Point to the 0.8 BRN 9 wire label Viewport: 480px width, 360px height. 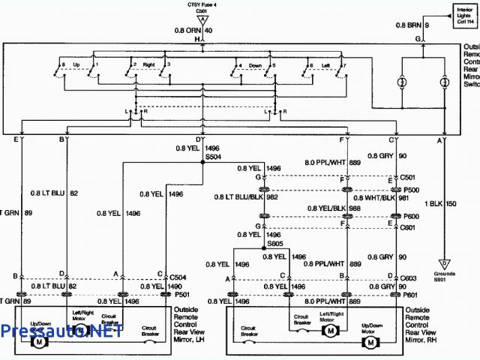click(x=412, y=25)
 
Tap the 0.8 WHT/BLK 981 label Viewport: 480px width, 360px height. click(x=391, y=199)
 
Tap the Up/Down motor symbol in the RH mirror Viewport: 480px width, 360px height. click(x=369, y=342)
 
